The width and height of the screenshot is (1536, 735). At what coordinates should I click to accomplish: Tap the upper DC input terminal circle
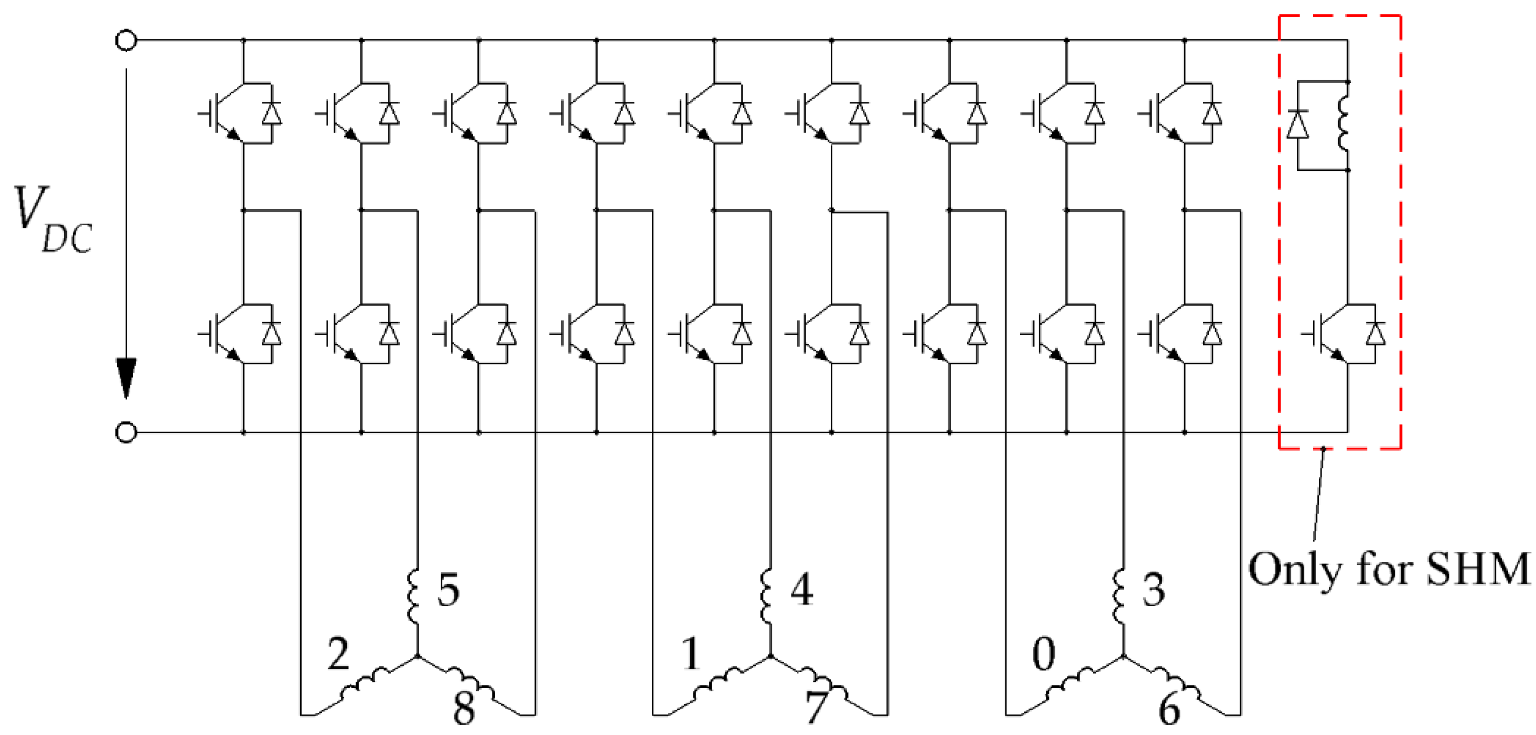coord(126,41)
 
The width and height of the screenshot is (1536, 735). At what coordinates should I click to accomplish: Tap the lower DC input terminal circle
coord(126,433)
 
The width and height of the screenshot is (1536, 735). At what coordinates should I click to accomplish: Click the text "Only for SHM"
coord(1389,570)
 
